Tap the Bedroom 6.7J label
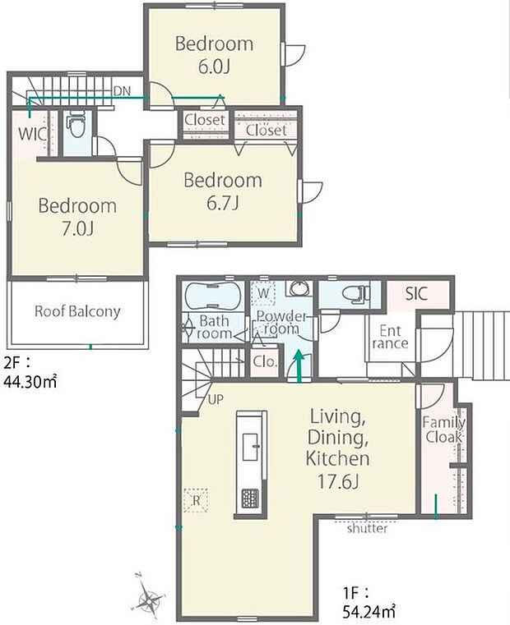pyautogui.click(x=223, y=191)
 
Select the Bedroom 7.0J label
pyautogui.click(x=77, y=218)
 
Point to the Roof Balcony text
pyautogui.click(x=77, y=311)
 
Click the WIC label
pyautogui.click(x=32, y=134)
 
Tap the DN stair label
pyautogui.click(x=122, y=91)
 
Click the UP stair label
pyautogui.click(x=216, y=399)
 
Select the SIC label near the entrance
pyautogui.click(x=416, y=294)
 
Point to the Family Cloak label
pyautogui.click(x=443, y=430)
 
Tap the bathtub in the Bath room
pyautogui.click(x=214, y=296)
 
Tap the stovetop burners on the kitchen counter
pyautogui.click(x=250, y=499)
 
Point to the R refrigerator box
pyautogui.click(x=196, y=501)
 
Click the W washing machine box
pyautogui.click(x=263, y=294)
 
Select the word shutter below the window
pyautogui.click(x=367, y=529)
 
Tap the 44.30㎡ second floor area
pyautogui.click(x=30, y=382)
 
